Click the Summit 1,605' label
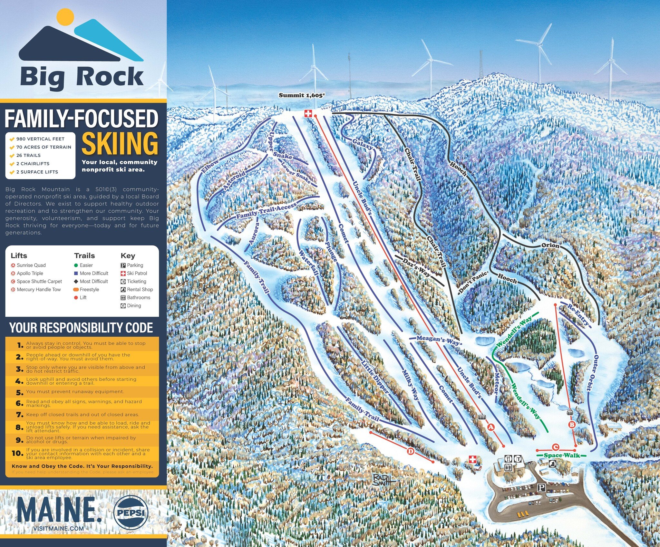(x=300, y=95)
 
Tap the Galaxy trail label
(x=363, y=144)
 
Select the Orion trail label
(x=550, y=245)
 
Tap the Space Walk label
(x=562, y=455)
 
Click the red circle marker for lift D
(x=411, y=451)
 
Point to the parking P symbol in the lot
(x=541, y=488)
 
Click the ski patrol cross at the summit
(x=308, y=113)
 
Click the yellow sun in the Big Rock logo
(x=65, y=17)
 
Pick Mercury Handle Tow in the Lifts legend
(x=39, y=289)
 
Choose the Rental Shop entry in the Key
(x=140, y=289)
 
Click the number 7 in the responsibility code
(x=20, y=415)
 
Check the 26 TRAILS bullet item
(x=28, y=155)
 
